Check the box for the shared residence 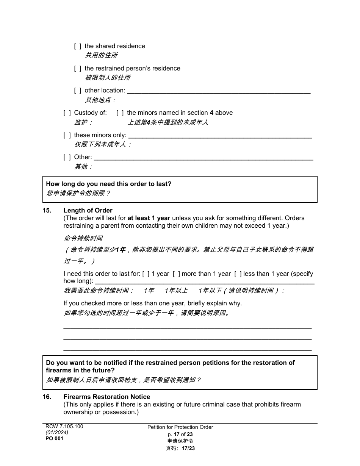coord(77,46)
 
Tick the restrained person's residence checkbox coord(77,69)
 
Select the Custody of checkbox coord(67,113)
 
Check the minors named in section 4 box coord(120,113)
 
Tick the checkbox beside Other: coord(67,157)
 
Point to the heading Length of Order coord(88,211)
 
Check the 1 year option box coord(146,274)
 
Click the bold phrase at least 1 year coord(149,218)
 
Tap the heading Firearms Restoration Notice coord(107,397)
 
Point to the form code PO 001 coord(55,439)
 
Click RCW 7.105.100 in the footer coord(64,427)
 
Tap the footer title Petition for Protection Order coord(180,427)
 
